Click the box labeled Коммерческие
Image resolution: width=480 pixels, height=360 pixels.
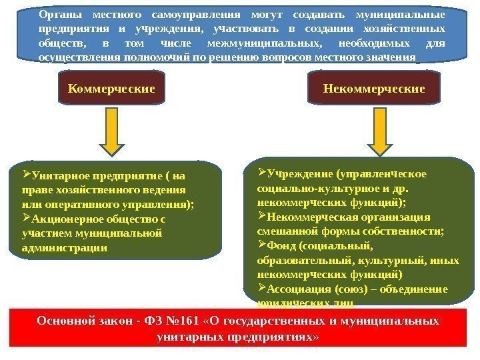(x=111, y=89)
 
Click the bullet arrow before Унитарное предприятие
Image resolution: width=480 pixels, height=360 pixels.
(x=27, y=176)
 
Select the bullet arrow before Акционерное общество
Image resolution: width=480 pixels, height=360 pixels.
(x=27, y=218)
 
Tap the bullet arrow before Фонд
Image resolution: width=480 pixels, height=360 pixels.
(x=261, y=245)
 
